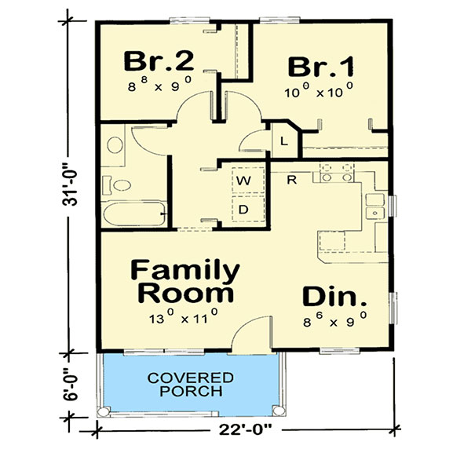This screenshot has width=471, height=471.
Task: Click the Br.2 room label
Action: point(159,61)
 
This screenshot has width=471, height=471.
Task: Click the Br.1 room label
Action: point(321,67)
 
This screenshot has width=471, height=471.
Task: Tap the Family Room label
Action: point(185,282)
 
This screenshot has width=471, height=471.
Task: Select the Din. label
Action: point(334,297)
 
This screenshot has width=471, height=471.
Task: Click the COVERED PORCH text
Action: point(191,385)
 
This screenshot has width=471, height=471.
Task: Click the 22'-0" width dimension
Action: point(245,429)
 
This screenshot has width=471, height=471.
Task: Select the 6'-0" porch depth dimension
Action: point(71,385)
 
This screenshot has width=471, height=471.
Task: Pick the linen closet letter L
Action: point(284,141)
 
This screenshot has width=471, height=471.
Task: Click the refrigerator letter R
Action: point(292,180)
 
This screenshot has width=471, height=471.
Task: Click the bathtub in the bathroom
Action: point(134,214)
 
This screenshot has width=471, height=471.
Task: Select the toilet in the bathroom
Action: point(117,185)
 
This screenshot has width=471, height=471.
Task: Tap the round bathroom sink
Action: point(115,145)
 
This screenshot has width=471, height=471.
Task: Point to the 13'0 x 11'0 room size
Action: point(184,316)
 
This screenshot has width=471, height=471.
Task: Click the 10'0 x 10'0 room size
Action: point(319,89)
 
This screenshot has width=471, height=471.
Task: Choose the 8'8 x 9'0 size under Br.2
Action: point(159,84)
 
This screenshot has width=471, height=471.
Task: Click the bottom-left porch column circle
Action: point(104,411)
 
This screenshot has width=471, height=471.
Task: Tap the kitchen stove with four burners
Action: point(337,173)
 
